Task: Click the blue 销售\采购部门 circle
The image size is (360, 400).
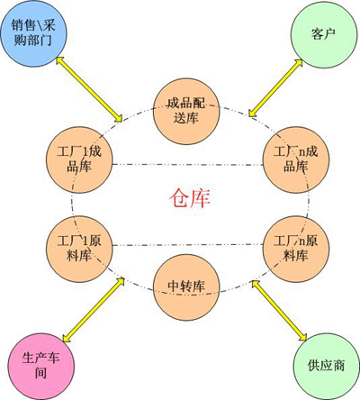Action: (33, 33)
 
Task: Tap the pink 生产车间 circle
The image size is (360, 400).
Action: (40, 367)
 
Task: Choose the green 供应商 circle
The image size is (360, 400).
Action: (327, 367)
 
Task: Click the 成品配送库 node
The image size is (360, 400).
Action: (186, 112)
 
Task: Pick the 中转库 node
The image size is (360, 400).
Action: (186, 287)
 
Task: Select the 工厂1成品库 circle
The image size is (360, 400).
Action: (79, 159)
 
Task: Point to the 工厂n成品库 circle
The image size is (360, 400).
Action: (296, 159)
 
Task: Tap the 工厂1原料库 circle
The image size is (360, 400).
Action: (79, 249)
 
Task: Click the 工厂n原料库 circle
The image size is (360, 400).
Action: (296, 249)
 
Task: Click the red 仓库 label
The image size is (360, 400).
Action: (190, 198)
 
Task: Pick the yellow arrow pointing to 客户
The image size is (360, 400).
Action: (275, 87)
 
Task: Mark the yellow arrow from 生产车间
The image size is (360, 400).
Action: (94, 310)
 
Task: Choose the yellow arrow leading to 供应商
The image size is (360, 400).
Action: (279, 311)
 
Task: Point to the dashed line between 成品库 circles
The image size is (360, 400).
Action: (188, 165)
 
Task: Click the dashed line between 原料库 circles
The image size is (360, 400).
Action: (188, 245)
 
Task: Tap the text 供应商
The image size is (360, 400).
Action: (326, 365)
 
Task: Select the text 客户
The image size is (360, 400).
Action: (323, 33)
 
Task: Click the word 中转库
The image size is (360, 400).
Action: (186, 286)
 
